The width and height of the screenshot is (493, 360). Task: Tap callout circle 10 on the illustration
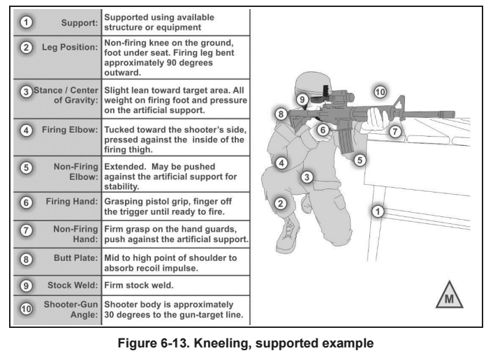click(379, 92)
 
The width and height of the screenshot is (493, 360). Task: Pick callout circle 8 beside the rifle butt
click(280, 113)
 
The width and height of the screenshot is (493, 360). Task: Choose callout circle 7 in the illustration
click(395, 130)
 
